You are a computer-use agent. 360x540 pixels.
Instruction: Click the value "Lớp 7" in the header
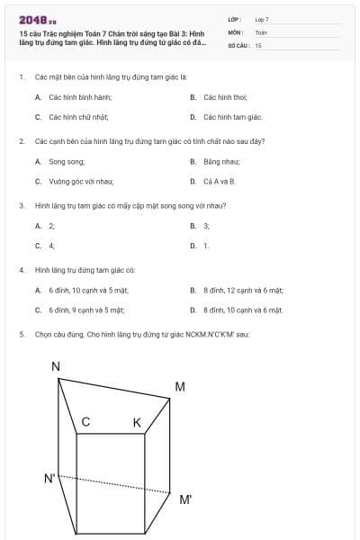(x=262, y=19)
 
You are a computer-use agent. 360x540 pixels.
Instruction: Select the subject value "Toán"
(x=261, y=31)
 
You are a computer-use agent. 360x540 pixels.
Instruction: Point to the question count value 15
(x=258, y=44)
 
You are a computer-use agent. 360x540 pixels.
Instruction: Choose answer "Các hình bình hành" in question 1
(x=73, y=96)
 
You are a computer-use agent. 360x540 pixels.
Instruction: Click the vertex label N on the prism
(x=56, y=366)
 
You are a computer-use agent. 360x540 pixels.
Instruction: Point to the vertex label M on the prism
(x=180, y=387)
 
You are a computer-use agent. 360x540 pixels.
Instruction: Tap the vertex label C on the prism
(x=85, y=422)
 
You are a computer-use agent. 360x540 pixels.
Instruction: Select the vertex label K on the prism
(x=137, y=423)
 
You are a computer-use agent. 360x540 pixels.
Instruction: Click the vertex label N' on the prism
(x=50, y=478)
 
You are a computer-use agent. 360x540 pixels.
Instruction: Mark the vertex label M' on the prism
(x=184, y=499)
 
